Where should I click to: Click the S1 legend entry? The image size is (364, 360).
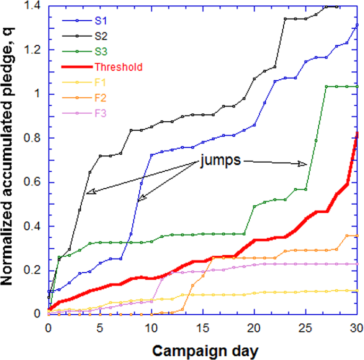99,21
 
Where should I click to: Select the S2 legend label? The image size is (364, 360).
99,36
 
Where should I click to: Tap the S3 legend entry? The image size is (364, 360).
99,52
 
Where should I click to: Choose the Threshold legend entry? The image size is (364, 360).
117,67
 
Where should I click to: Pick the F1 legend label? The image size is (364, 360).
99,82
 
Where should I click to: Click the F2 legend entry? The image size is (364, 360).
99,98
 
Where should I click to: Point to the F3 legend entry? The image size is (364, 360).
99,113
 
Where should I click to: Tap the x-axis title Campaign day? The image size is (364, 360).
202,351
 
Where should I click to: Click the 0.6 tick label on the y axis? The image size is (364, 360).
33,182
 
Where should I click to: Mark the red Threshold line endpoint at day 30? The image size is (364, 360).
357,133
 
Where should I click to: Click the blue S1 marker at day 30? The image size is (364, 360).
357,24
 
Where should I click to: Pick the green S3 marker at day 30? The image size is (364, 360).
357,86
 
